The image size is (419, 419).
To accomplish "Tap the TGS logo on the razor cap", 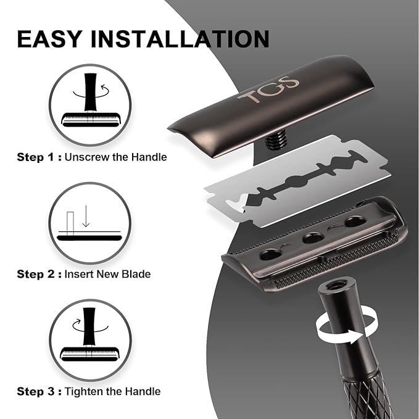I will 268,89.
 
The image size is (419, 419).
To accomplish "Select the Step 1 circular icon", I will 91,104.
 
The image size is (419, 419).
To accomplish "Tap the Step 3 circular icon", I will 91,341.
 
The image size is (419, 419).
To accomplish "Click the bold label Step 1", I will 39,157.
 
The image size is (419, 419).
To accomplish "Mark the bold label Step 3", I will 39,391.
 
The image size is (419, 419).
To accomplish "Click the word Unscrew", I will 89,157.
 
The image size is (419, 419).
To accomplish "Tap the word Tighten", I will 86,391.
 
